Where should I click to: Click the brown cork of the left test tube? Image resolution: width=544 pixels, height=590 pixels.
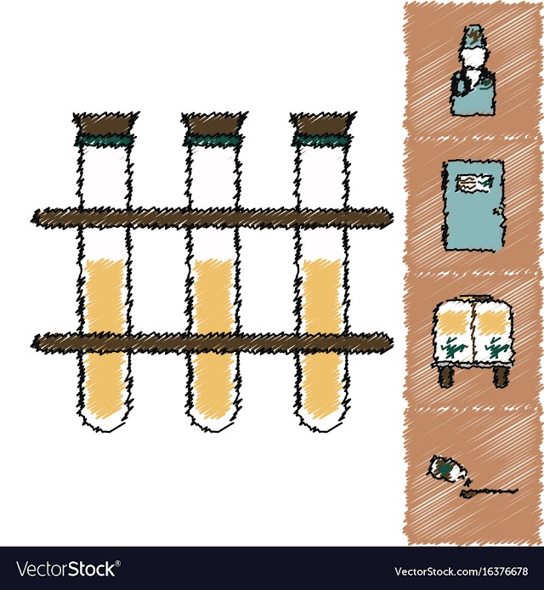pos(105,124)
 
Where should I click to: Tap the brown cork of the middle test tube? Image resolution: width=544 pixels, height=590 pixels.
pos(214,124)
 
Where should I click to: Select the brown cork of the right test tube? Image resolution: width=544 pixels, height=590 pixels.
pos(323,124)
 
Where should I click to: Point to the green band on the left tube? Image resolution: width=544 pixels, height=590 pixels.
pos(105,141)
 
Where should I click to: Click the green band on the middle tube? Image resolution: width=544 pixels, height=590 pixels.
pos(213,141)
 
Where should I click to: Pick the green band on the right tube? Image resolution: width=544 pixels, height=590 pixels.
pos(322,141)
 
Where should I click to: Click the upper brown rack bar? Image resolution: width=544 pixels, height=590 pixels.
pos(212,218)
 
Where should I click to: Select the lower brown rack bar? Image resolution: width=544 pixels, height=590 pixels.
pos(212,343)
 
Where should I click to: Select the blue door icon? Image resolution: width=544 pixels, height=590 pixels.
pos(473,206)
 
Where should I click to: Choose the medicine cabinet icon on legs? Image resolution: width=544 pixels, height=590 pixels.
pos(473,341)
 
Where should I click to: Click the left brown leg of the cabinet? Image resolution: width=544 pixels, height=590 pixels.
pos(446,377)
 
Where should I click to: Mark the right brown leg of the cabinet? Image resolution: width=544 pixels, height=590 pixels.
pos(501,377)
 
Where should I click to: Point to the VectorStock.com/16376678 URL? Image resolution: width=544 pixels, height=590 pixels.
pos(462,571)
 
